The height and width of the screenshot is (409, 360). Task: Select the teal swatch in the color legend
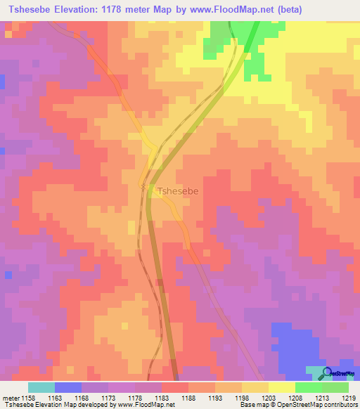[41, 387]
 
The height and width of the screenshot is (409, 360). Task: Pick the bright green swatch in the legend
[308, 387]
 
